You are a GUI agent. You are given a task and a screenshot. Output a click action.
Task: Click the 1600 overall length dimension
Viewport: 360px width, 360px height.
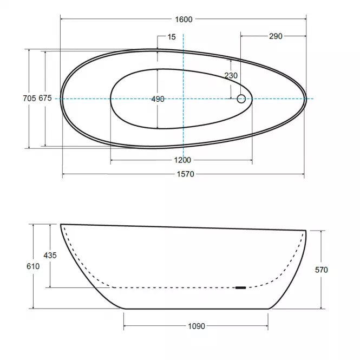click(184, 19)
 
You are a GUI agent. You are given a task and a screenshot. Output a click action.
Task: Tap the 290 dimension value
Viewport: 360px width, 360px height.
click(276, 36)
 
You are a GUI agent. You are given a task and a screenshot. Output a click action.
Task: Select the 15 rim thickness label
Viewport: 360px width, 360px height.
click(172, 37)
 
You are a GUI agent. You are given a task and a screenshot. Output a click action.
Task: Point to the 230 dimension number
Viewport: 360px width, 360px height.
click(231, 76)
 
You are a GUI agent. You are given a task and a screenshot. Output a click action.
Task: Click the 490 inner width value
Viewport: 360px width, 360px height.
click(158, 99)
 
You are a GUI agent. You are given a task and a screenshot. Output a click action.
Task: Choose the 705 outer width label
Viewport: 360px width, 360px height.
click(29, 99)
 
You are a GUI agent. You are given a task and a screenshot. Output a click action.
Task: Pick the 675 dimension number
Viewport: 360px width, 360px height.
click(45, 98)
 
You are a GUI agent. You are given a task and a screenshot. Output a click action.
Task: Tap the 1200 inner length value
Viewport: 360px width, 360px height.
click(182, 160)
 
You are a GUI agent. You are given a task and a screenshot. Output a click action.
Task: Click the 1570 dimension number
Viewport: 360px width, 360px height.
click(186, 174)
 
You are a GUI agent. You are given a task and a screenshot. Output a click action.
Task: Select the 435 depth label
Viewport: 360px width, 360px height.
click(50, 256)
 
